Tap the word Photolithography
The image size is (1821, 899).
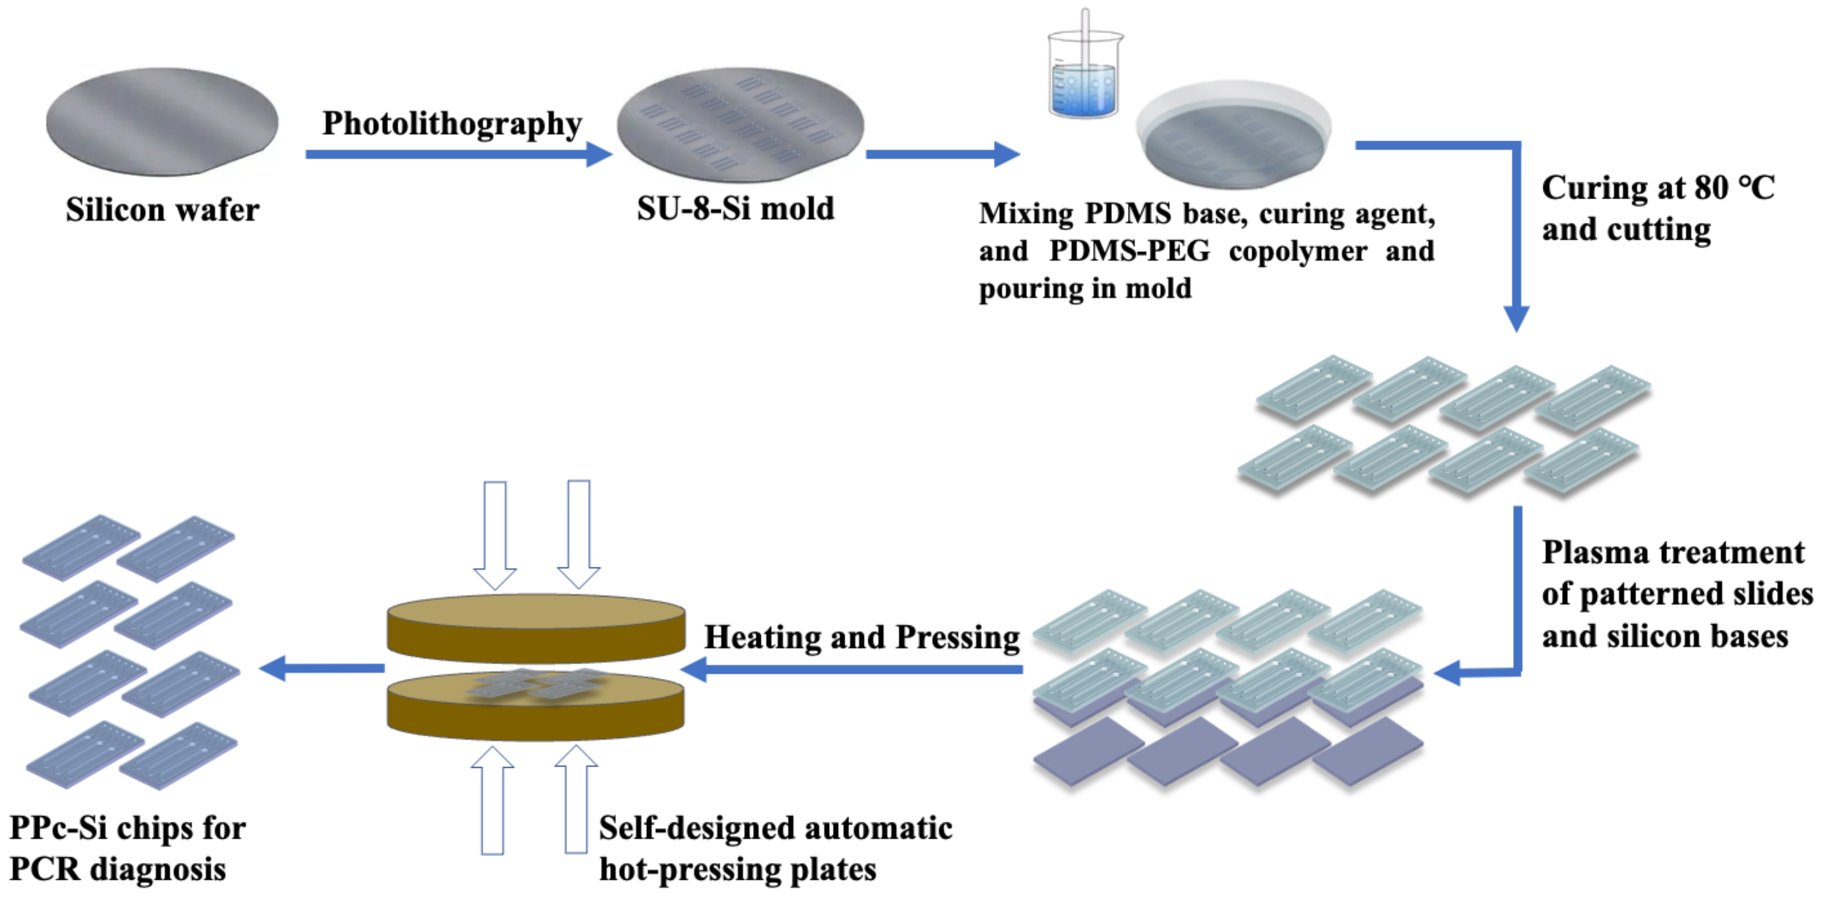click(x=452, y=124)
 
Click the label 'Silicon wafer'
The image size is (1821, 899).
click(x=163, y=210)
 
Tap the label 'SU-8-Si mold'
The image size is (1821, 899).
click(x=735, y=208)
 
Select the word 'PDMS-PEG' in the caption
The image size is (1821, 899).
click(x=1129, y=251)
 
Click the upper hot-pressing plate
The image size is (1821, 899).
click(x=536, y=625)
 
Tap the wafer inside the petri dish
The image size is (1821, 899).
click(x=1234, y=145)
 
